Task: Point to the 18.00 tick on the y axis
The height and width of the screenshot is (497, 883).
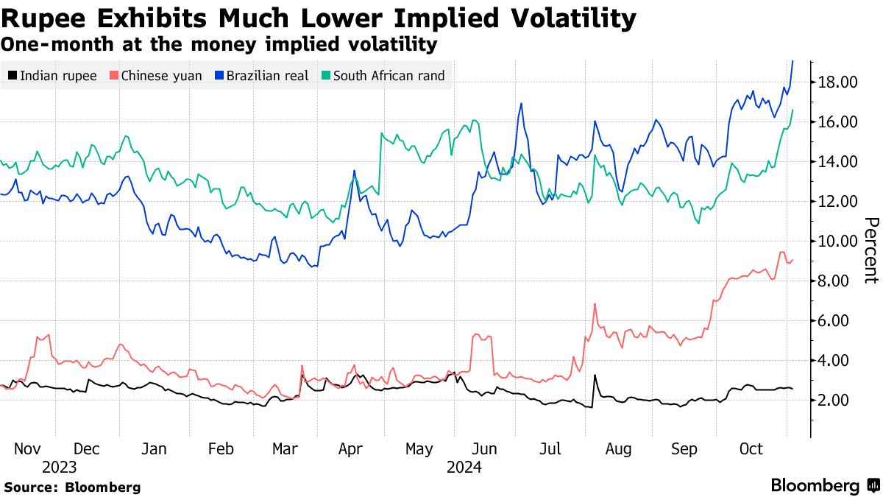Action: (838, 82)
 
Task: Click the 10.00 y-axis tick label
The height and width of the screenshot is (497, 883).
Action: (838, 241)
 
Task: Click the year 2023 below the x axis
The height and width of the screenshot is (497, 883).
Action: (59, 467)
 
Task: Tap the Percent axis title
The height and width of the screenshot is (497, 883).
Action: (870, 250)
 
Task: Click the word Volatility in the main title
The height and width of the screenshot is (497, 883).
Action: (558, 18)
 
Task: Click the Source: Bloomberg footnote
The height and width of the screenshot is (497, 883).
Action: (72, 487)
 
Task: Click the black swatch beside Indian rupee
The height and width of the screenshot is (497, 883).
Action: (13, 75)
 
